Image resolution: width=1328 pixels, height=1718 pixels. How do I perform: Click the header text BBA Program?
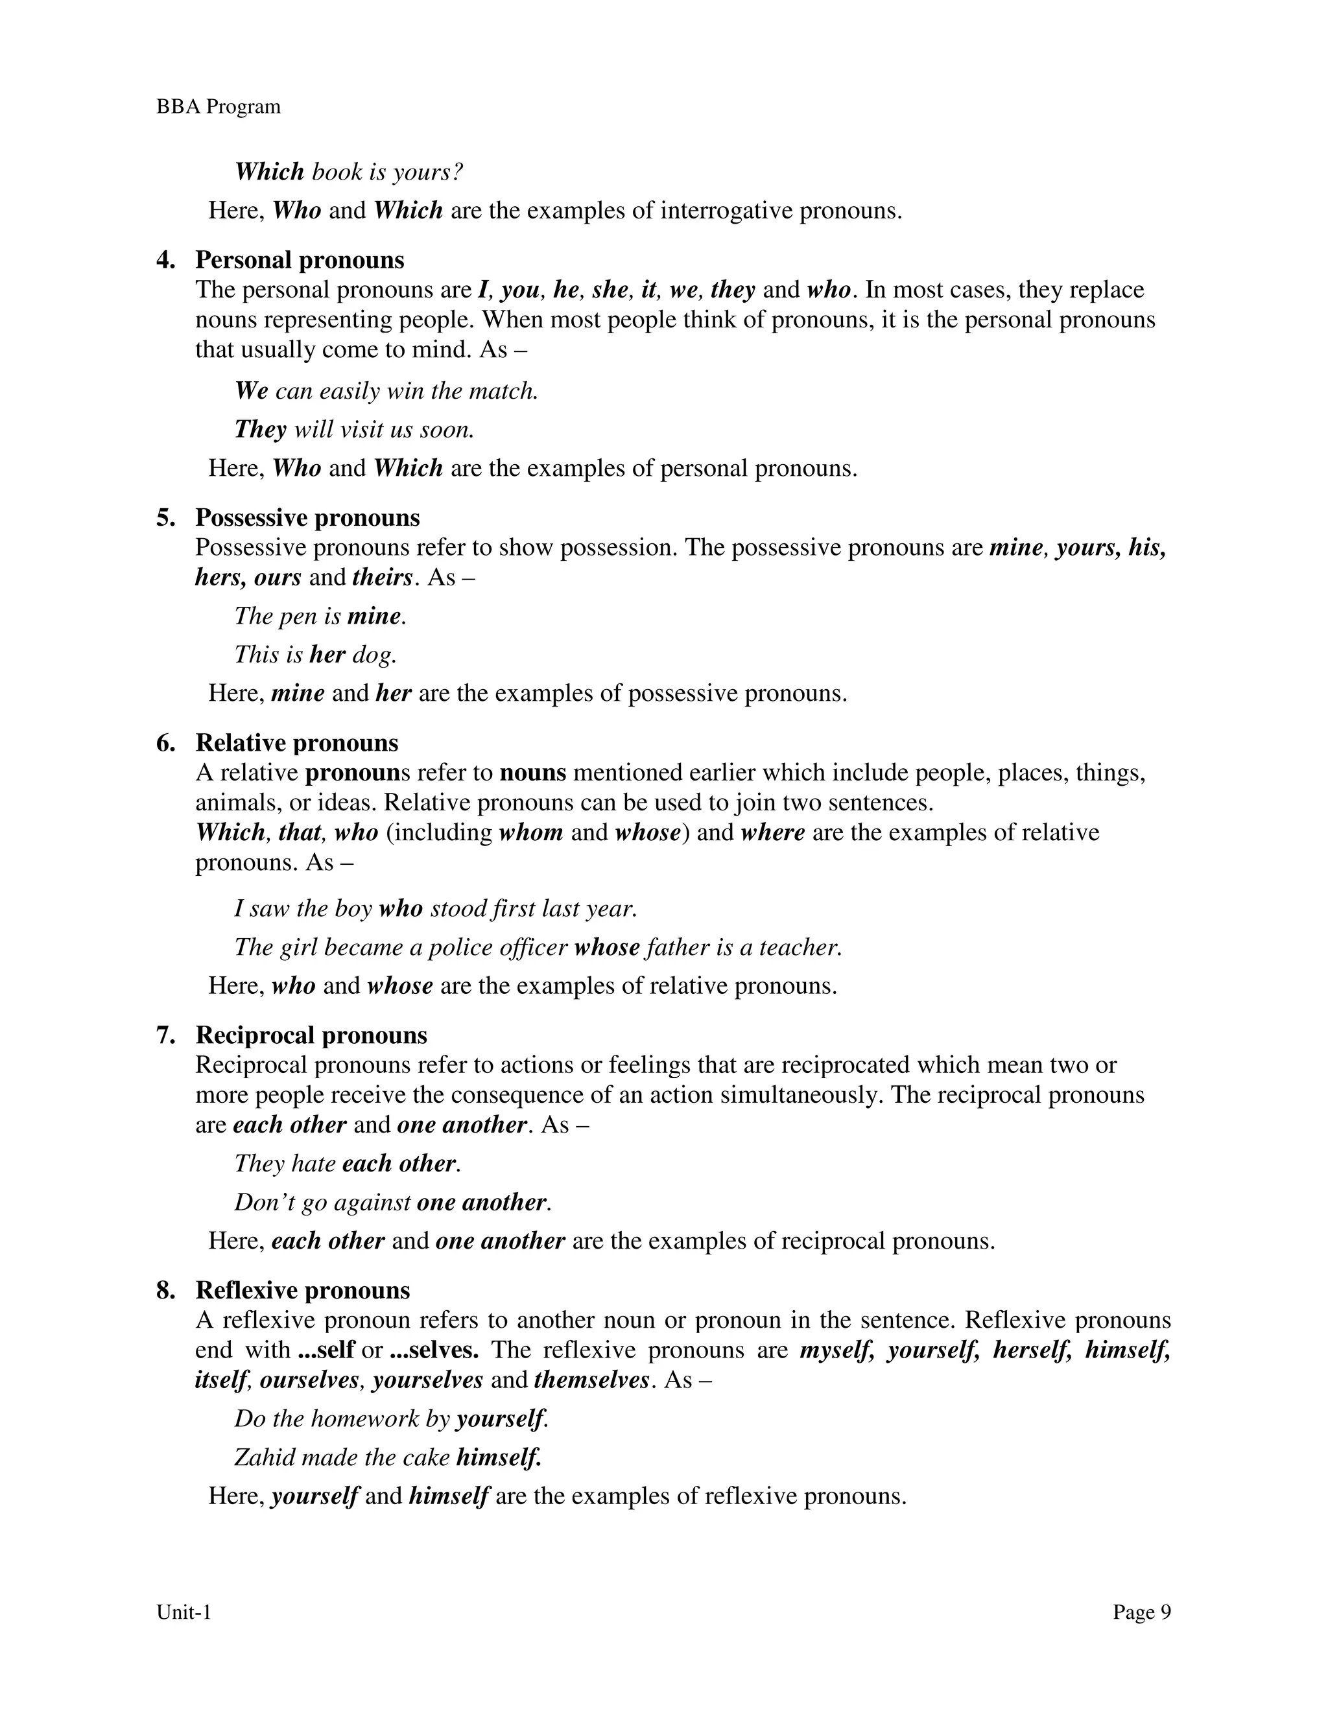(x=218, y=107)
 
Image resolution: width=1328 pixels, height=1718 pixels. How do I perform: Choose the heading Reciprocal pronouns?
(x=311, y=1035)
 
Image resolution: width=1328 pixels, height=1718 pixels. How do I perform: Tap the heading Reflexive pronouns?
(x=303, y=1290)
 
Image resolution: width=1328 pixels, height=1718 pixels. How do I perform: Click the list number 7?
(x=165, y=1035)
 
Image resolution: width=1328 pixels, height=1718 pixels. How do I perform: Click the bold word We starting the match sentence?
(x=251, y=391)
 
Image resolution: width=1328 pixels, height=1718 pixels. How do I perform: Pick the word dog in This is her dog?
(x=372, y=655)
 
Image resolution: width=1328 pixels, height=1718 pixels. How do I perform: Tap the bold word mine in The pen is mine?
(x=373, y=616)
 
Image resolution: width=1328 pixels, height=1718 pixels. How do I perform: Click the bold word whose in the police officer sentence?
(x=606, y=947)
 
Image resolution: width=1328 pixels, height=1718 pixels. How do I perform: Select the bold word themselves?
(x=591, y=1380)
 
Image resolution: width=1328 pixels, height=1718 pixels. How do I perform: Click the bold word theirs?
(x=383, y=578)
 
